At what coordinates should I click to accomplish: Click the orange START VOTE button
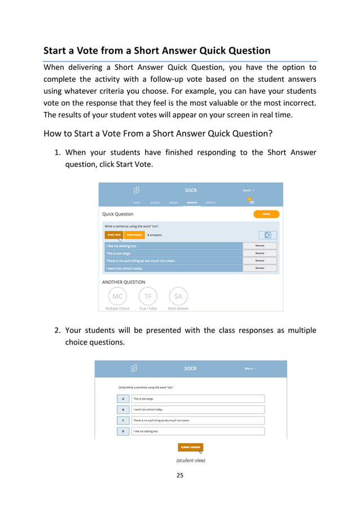point(114,235)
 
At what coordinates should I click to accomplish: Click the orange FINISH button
point(266,214)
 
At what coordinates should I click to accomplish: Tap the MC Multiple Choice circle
point(117,296)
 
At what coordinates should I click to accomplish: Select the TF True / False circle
point(148,296)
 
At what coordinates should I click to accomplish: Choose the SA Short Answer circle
point(178,296)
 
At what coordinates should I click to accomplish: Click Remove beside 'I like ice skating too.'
point(260,246)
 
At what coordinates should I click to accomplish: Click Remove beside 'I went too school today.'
point(260,268)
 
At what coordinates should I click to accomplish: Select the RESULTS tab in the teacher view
point(192,202)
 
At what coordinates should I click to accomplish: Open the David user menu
point(248,190)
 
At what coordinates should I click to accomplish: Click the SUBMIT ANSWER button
point(191,447)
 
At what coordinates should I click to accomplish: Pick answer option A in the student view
point(123,398)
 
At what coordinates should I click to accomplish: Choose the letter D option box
point(123,431)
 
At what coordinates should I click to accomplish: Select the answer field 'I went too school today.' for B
point(197,410)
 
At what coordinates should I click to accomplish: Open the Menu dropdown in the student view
point(251,368)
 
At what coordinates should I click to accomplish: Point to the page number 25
point(180,475)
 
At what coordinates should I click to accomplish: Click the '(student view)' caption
point(191,460)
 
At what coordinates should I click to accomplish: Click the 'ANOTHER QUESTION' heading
point(124,282)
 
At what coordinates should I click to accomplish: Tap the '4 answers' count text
point(155,235)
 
